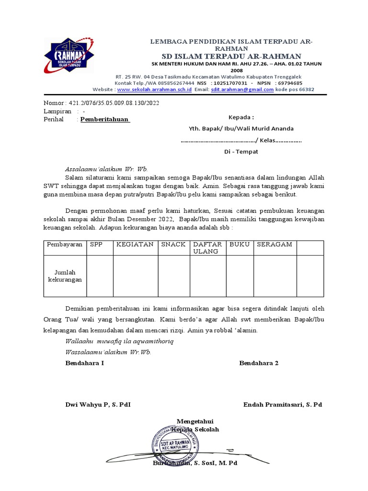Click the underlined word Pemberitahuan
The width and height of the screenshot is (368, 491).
tap(104, 119)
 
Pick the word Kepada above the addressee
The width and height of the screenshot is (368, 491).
tap(241, 117)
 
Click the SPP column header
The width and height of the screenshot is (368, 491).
tap(96, 245)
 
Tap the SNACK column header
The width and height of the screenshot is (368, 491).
tap(173, 245)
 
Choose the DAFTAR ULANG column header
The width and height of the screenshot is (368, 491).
tap(206, 248)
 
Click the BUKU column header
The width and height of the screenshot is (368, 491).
tap(240, 245)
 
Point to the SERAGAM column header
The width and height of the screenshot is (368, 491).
tap(275, 245)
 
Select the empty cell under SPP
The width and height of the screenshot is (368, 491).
tap(99, 276)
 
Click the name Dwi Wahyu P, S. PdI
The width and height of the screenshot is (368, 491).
tap(98, 405)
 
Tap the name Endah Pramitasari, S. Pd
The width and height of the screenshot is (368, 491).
tap(283, 405)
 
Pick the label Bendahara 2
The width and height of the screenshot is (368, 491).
tap(259, 363)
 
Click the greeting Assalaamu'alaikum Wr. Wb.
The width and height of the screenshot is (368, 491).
tap(107, 169)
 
